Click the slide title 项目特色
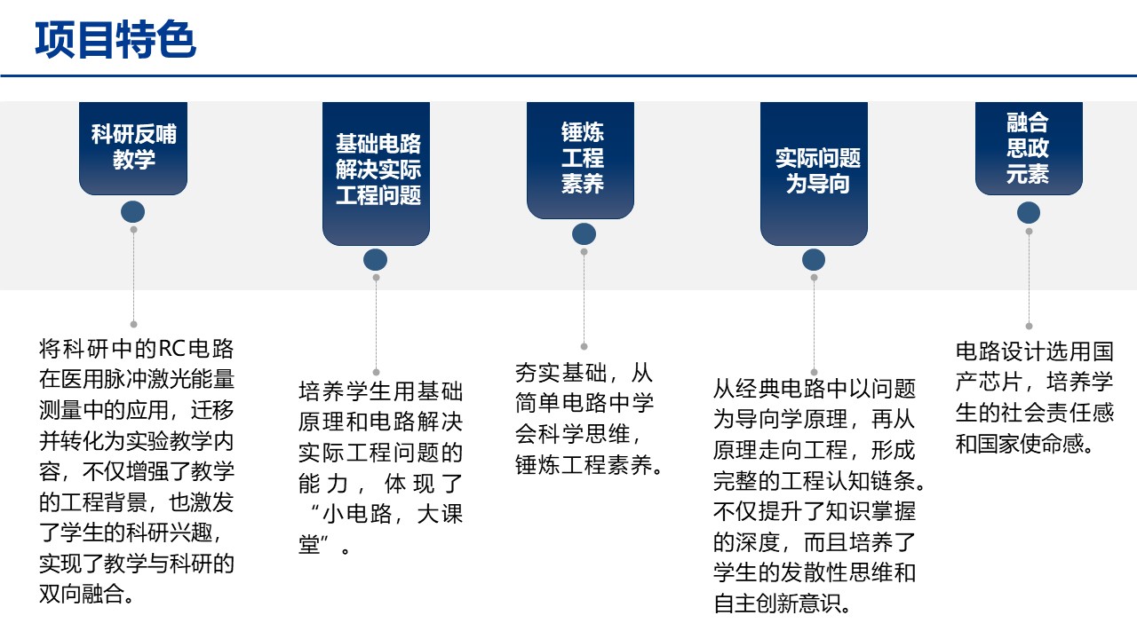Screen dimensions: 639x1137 point(115,40)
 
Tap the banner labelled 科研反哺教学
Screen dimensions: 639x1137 point(133,146)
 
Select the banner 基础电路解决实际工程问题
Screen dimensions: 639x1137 point(377,170)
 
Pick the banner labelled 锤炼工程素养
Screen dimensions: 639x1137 point(582,158)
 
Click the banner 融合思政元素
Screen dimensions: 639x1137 point(1028,147)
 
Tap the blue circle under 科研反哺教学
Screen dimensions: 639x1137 point(133,212)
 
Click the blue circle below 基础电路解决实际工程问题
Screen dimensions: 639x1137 point(376,259)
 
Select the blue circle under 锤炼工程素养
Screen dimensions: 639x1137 point(584,233)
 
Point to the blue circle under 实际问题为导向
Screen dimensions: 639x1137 point(814,259)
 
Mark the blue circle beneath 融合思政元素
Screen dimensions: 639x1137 point(1029,213)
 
